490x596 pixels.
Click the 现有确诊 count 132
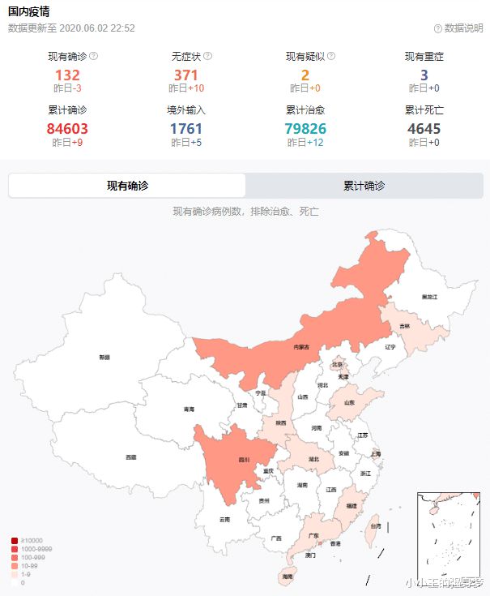pos(67,75)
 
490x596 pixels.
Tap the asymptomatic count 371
pos(186,75)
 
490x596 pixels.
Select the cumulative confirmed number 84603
pos(67,128)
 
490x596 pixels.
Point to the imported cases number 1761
pos(186,128)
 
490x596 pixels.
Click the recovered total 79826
pos(305,128)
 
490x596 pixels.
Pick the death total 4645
pos(424,128)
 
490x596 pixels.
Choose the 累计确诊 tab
pos(364,186)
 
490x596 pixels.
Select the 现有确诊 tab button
pos(127,186)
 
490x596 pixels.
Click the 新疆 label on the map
pos(104,357)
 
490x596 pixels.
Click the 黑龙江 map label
pos(429,298)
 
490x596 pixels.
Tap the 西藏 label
pos(130,457)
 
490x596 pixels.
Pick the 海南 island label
pos(288,576)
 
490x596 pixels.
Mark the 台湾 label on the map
pos(375,526)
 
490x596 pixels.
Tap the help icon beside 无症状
pos(208,57)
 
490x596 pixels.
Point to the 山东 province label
pos(349,402)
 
